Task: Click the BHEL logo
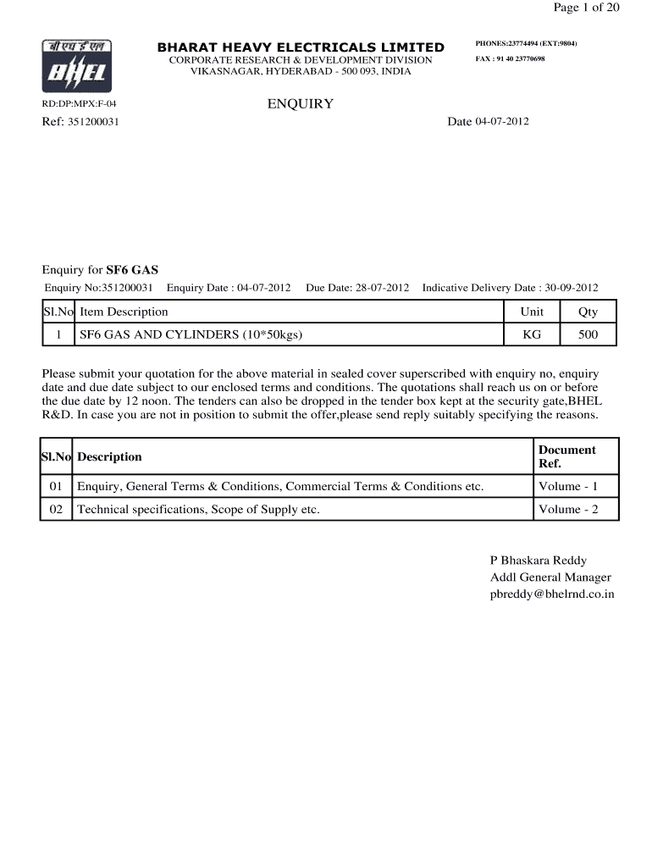[76, 67]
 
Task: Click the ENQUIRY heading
[301, 104]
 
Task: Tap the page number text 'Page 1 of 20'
[586, 8]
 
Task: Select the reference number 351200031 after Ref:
[94, 122]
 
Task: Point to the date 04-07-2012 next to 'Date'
[502, 122]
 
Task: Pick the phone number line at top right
[526, 43]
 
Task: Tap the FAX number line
[510, 59]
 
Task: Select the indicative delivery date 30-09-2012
[571, 288]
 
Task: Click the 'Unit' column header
[532, 312]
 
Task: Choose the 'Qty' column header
[588, 312]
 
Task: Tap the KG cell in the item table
[532, 334]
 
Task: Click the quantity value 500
[588, 334]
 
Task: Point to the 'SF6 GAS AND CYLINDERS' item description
[191, 334]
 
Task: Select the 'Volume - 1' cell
[568, 486]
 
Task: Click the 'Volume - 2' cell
[568, 509]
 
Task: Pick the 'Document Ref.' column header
[566, 456]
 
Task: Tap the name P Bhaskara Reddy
[539, 561]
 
